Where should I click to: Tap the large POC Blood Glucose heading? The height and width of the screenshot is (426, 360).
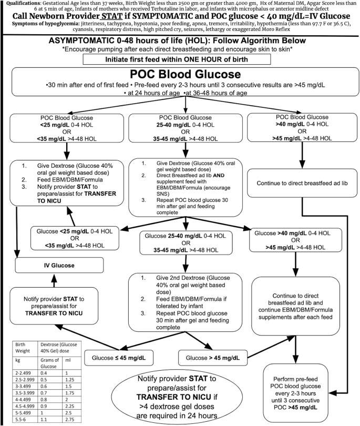(179, 74)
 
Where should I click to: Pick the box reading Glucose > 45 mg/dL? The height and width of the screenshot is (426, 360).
(213, 358)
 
